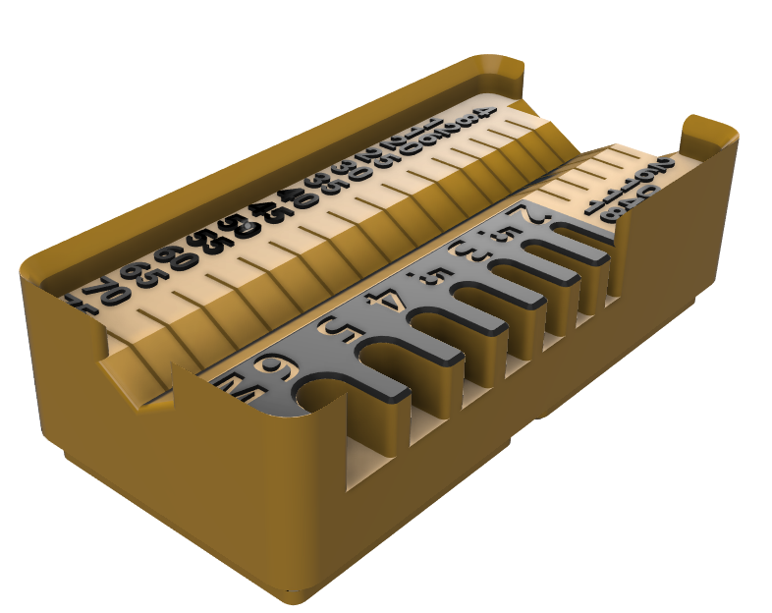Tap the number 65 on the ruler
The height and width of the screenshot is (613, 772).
[x=143, y=277]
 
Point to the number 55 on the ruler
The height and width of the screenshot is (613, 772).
[x=209, y=242]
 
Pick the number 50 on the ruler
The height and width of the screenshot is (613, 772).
[x=238, y=228]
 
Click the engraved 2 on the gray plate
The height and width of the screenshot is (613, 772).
[x=530, y=214]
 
